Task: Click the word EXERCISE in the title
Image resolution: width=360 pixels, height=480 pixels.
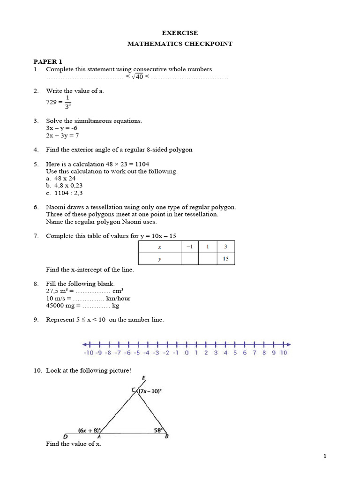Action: coord(180,33)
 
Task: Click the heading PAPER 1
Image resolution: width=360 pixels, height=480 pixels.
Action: coord(47,61)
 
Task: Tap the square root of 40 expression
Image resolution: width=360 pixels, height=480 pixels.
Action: coord(137,77)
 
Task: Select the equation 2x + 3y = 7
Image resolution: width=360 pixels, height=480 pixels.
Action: coord(62,135)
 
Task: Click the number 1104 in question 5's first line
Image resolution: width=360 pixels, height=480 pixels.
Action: coord(141,164)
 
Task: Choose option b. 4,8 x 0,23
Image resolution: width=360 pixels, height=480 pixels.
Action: coord(64,186)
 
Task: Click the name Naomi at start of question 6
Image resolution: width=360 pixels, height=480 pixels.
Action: coord(55,207)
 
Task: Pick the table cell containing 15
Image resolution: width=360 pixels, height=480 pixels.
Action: coord(225,259)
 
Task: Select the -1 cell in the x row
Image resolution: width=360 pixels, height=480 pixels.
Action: coord(189,247)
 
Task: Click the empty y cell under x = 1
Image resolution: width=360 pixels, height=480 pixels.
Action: coord(208,259)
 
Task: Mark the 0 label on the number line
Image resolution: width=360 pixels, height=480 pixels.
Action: coord(186,353)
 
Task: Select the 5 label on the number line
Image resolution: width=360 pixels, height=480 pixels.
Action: coord(235,353)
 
